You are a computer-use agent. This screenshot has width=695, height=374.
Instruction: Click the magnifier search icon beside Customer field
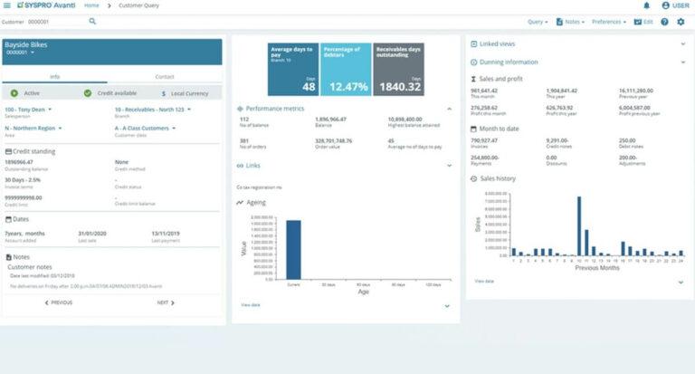click(92, 21)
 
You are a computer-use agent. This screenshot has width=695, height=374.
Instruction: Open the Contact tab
click(165, 77)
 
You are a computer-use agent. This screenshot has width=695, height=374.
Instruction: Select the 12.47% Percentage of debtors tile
click(346, 69)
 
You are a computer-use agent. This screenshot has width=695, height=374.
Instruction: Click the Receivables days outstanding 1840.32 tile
click(399, 69)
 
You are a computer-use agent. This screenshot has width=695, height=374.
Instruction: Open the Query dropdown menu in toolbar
click(537, 22)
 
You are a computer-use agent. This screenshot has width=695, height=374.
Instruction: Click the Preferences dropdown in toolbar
click(611, 22)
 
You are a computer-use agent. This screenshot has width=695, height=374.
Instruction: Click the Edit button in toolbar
click(643, 22)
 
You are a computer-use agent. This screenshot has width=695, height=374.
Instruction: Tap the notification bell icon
click(646, 5)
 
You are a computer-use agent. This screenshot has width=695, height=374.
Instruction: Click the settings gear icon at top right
click(681, 22)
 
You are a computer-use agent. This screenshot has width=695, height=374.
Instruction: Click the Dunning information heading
click(510, 62)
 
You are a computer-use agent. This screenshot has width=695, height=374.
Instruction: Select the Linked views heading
click(498, 44)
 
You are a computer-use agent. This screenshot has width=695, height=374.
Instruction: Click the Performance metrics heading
click(277, 107)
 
